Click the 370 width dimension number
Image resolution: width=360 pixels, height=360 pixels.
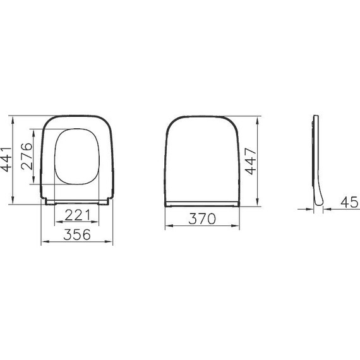click(203, 219)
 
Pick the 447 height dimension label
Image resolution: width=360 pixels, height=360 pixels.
click(250, 160)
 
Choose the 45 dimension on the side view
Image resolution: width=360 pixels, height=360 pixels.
click(349, 201)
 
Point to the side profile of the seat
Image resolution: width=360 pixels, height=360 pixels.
click(316, 158)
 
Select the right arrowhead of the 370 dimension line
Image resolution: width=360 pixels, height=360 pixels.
click(238, 227)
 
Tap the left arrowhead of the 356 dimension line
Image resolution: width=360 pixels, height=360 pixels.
click(43, 241)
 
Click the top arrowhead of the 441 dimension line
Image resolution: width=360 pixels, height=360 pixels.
click(13, 118)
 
